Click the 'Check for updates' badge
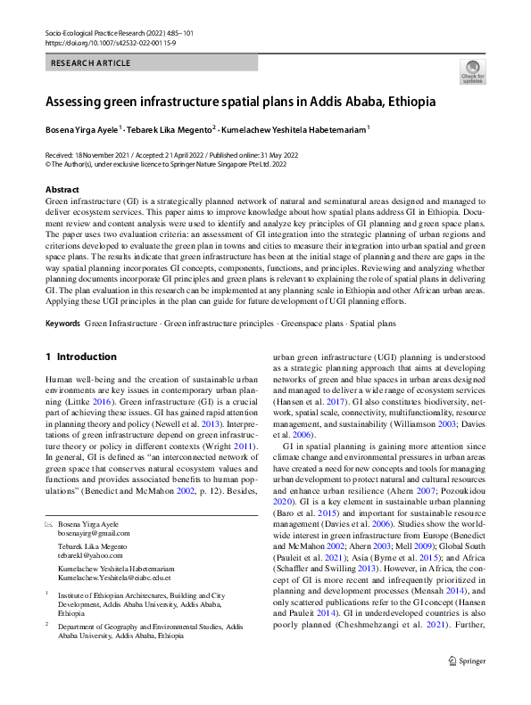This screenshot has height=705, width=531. tap(472, 72)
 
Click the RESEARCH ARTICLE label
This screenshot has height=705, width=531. tap(92, 63)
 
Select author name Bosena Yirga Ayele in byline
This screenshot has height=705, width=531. tap(83, 128)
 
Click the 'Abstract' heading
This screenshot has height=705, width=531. tap(62, 190)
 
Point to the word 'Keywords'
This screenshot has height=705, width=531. tap(64, 322)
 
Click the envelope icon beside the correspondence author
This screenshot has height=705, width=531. tap(49, 524)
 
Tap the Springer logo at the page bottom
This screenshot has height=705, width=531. tap(469, 685)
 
